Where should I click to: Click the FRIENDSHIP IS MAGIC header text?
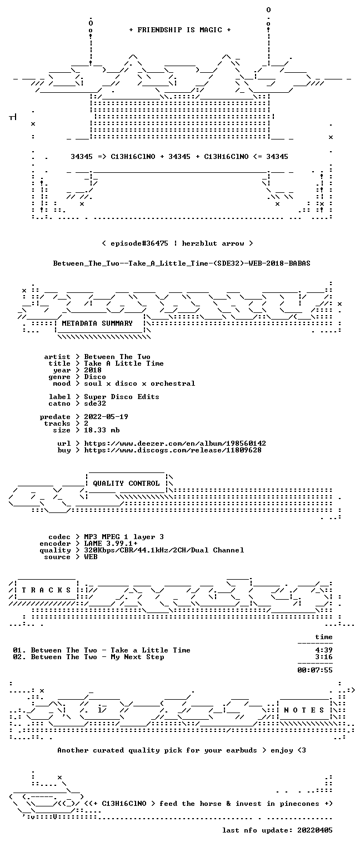[180, 30]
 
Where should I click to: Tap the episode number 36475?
[157, 243]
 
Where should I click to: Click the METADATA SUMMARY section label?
[97, 323]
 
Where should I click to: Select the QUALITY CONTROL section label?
[126, 483]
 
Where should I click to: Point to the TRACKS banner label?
[46, 590]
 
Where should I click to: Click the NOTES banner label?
[304, 710]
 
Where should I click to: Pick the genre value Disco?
[95, 377]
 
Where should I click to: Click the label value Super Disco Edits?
[121, 397]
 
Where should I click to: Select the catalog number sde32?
[95, 403]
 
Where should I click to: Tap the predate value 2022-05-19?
[106, 417]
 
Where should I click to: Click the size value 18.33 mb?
[102, 430]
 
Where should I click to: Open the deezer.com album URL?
[174, 443]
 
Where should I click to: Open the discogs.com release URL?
[172, 450]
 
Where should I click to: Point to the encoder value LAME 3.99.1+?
[111, 544]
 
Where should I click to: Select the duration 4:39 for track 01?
[324, 650]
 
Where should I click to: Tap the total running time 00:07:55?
[315, 670]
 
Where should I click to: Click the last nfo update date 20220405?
[315, 830]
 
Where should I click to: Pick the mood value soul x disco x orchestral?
[139, 383]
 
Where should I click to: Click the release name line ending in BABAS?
[182, 263]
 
